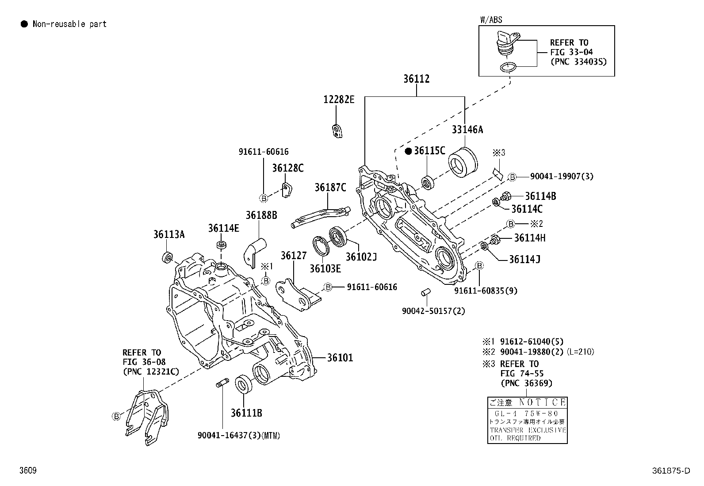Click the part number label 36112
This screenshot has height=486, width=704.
pos(416,79)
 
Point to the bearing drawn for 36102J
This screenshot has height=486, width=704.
pos(340,237)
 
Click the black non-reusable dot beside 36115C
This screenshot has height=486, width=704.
pos(409,151)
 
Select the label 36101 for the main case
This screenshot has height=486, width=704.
pos(340,357)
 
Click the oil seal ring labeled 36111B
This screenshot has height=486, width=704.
pos(244,383)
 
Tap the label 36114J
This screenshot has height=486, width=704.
pos(525,259)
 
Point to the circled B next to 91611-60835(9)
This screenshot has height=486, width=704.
pos(479,265)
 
